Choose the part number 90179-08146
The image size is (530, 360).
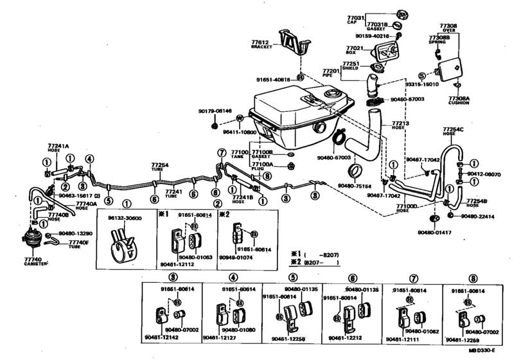point(215,111)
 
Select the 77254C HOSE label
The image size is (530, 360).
point(452,132)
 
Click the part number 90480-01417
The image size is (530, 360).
point(434,232)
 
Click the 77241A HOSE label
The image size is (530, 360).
point(58,147)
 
